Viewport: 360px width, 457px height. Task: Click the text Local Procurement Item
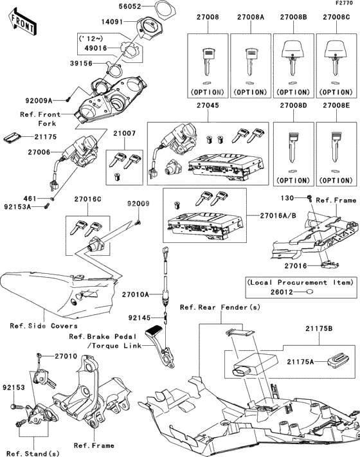click(x=300, y=282)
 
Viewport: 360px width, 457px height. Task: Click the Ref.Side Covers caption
click(x=35, y=325)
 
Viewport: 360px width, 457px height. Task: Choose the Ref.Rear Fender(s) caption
click(x=220, y=307)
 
